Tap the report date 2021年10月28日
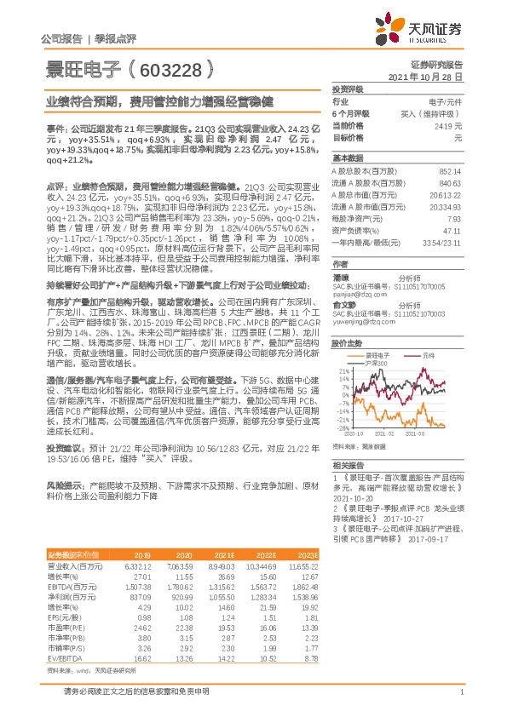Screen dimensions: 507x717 431,76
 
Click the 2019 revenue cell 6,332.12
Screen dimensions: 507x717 137,565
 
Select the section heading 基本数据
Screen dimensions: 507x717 346,158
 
